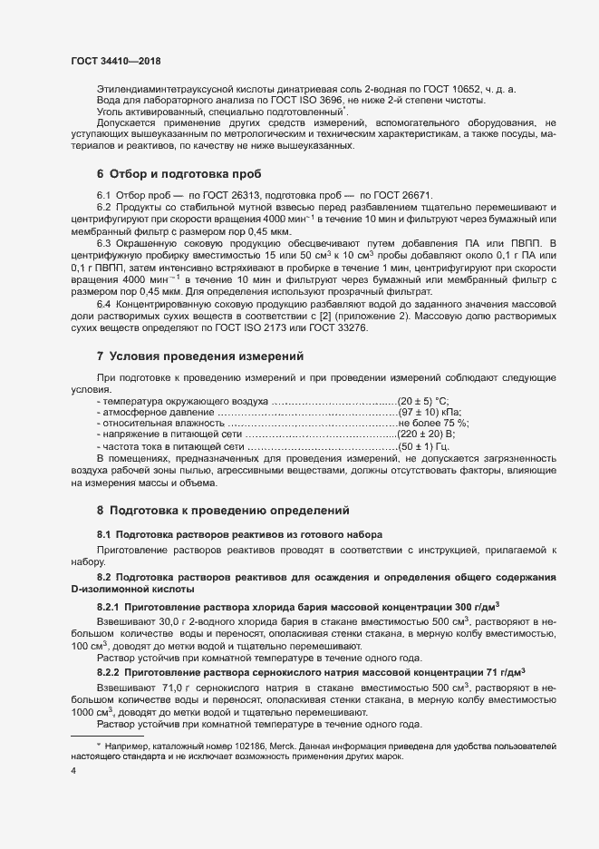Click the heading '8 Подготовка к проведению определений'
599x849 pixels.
(222, 511)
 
